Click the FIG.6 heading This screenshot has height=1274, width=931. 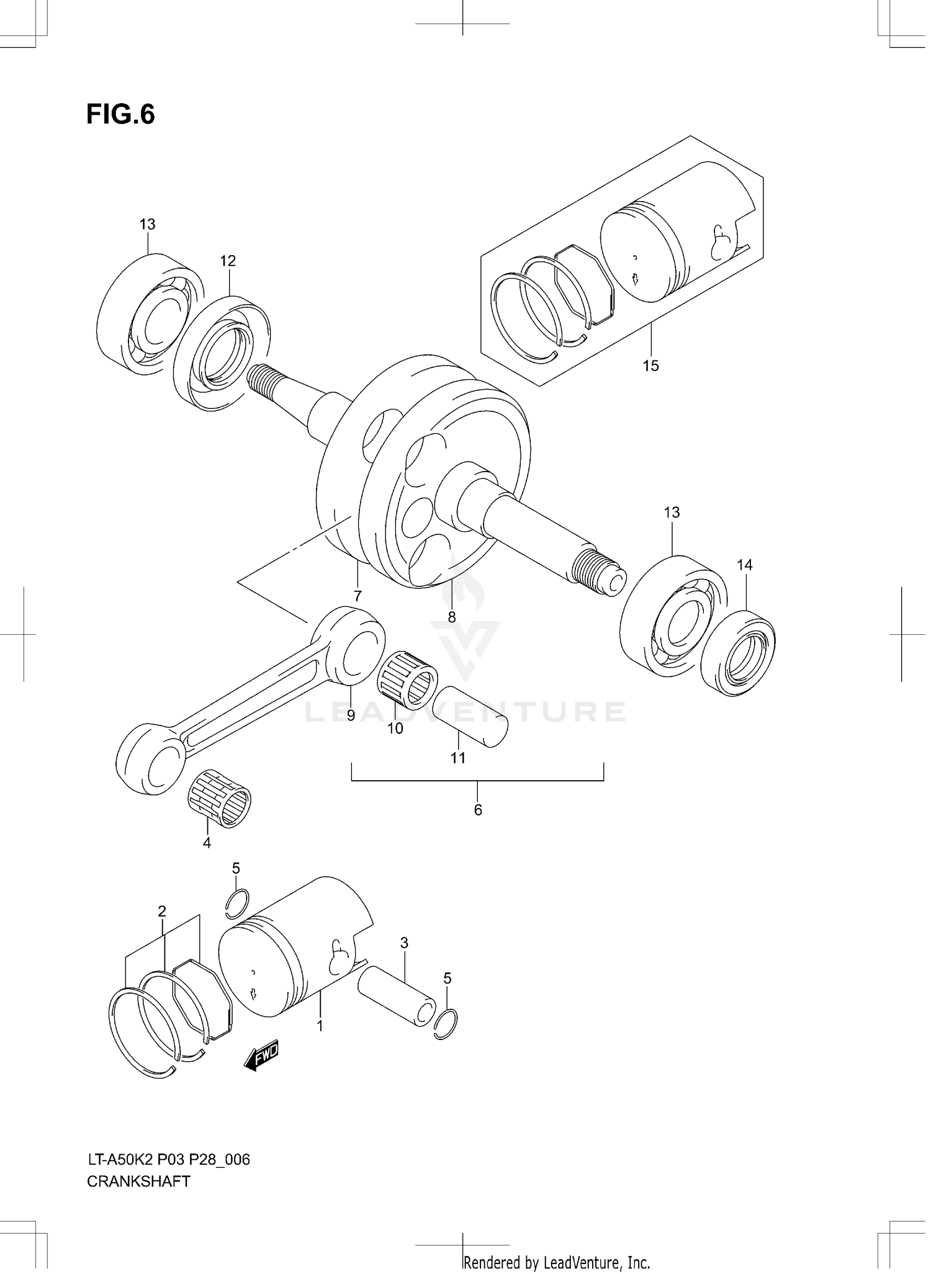120,115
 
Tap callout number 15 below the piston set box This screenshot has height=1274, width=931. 650,366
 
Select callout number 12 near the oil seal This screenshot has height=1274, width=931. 228,261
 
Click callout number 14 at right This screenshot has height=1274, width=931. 744,565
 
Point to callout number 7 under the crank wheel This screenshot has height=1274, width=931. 358,596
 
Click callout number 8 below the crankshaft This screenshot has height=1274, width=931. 452,617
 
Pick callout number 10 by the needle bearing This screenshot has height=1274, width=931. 395,729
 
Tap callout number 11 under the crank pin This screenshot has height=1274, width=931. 458,758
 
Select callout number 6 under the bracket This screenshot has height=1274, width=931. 478,810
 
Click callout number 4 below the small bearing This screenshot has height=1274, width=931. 207,843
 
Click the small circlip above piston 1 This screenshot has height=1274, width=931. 237,904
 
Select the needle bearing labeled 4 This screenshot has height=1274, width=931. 220,798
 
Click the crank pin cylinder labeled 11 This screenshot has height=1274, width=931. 470,716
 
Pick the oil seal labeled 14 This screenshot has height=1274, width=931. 738,653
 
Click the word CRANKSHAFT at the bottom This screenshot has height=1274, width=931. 138,1182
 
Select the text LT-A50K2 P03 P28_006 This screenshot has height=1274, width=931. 168,1159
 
